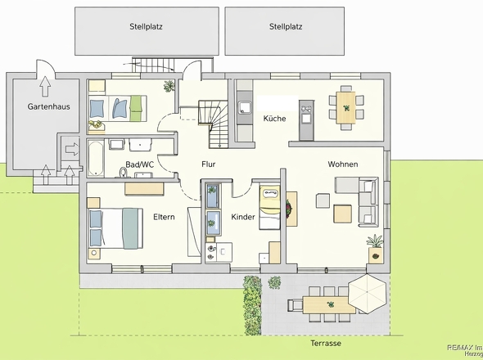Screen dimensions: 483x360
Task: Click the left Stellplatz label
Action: [146, 26]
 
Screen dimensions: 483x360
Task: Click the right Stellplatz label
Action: [286, 26]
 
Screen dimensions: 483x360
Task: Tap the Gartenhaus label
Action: [48, 106]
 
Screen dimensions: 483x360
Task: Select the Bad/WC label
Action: [139, 164]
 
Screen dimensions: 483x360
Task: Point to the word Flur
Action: [208, 164]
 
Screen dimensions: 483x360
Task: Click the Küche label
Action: [274, 119]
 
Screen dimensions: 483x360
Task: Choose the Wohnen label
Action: [343, 164]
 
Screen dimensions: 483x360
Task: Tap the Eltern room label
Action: [164, 217]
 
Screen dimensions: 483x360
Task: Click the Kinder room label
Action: [243, 217]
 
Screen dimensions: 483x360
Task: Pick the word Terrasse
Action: [326, 343]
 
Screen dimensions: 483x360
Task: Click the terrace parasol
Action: [367, 294]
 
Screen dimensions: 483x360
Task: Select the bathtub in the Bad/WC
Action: [95, 158]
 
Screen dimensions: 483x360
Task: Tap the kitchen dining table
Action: [346, 108]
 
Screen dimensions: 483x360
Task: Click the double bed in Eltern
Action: [115, 228]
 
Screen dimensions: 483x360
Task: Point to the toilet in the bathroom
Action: [124, 173]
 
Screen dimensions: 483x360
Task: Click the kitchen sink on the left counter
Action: [246, 107]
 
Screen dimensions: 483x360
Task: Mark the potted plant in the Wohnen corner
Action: [376, 249]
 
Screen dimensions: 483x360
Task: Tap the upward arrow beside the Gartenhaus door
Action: [45, 87]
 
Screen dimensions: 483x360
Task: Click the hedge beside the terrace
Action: [252, 305]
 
